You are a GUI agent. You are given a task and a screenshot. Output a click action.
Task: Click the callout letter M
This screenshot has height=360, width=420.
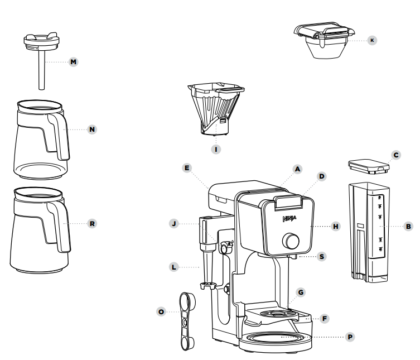(x=73, y=61)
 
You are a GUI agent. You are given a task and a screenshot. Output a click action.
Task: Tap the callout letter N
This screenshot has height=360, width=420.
(x=93, y=129)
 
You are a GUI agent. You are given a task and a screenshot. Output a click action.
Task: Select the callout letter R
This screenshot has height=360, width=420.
(x=93, y=223)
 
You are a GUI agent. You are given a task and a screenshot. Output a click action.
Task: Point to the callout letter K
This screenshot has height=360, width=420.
(x=372, y=40)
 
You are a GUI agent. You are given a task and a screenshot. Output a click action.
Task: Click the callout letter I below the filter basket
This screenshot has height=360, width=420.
(x=217, y=149)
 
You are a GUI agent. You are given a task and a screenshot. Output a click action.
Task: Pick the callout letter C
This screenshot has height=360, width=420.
(x=395, y=155)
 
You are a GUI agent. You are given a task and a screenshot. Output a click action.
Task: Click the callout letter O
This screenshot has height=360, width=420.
(x=161, y=311)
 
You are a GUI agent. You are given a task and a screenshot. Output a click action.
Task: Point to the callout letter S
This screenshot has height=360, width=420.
(x=321, y=256)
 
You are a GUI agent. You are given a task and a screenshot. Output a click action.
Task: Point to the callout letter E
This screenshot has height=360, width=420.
(x=187, y=167)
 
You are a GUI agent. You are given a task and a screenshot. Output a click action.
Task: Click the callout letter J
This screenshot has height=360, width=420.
(x=175, y=223)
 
